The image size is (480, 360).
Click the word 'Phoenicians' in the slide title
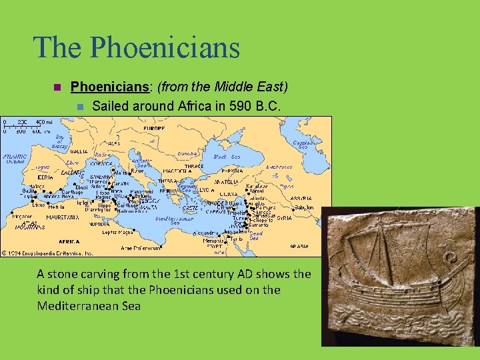point(165,47)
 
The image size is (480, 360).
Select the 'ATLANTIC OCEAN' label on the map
point(15,159)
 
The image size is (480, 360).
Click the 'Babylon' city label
point(305,207)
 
